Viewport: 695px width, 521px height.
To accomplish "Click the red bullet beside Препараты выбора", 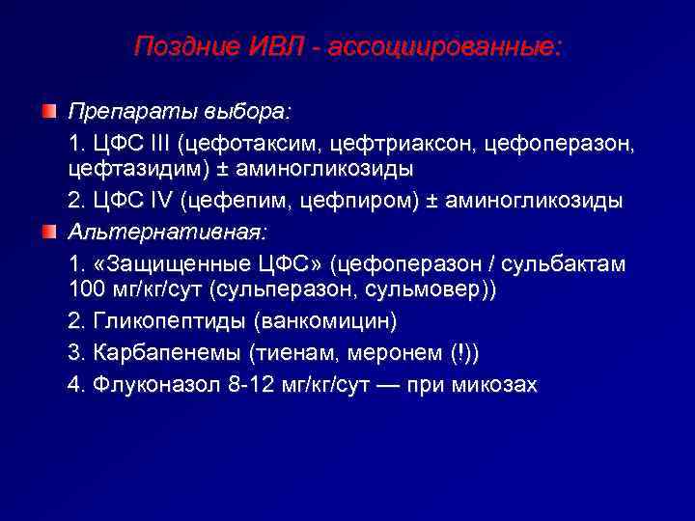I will tap(49, 114).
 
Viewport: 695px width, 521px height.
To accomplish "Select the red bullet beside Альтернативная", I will tap(49, 233).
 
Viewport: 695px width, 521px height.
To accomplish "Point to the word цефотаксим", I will tap(256, 144).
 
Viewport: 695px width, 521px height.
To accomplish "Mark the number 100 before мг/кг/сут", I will tap(87, 289).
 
